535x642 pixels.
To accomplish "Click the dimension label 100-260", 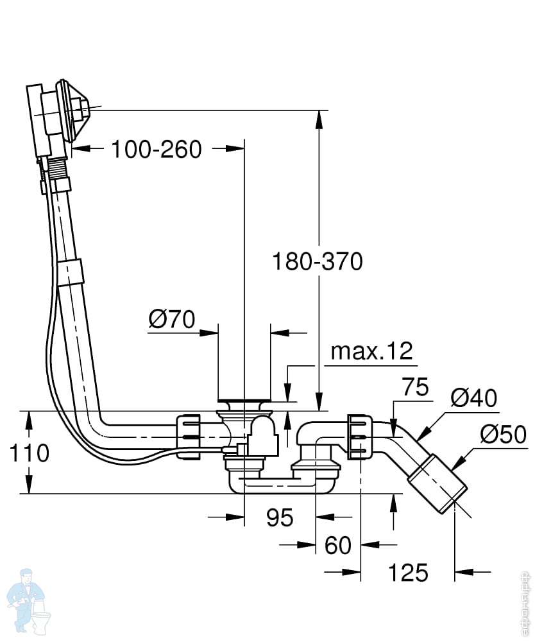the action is [x=157, y=149].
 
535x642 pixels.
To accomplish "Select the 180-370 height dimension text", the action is [x=318, y=261].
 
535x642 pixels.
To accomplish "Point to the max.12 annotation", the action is [x=372, y=351].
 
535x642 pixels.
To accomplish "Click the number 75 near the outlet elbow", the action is [x=415, y=387].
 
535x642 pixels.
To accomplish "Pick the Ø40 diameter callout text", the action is [x=473, y=397].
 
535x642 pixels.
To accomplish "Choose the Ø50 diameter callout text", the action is [x=503, y=434].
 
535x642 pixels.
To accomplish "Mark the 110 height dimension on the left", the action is [x=29, y=453].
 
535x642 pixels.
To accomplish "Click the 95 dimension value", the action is [x=280, y=517].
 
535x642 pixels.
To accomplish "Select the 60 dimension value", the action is [x=338, y=545].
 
